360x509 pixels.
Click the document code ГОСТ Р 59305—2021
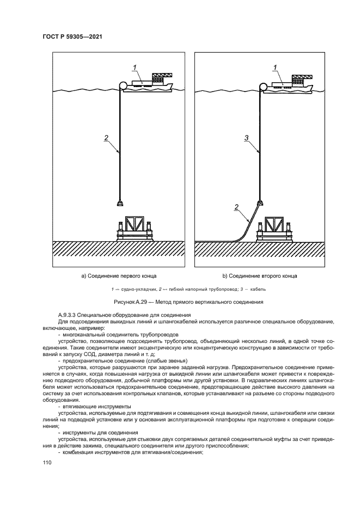pos(72,36)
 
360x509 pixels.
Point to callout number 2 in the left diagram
pos(106,138)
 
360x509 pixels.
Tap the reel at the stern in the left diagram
pos(123,85)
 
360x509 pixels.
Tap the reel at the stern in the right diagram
pos(264,85)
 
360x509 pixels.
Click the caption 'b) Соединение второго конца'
pos(260,276)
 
